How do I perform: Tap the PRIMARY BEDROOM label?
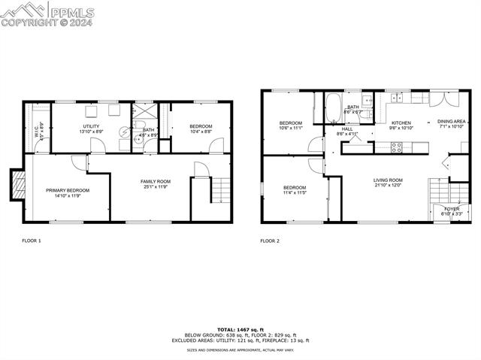[67, 191]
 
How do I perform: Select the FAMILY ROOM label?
[156, 182]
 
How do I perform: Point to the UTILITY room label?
[91, 126]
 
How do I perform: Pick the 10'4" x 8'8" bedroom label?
[201, 126]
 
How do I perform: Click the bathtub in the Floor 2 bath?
[334, 110]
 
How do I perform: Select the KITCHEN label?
[401, 123]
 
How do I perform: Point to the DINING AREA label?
[452, 121]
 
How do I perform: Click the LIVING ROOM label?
[389, 180]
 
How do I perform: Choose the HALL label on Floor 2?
[347, 129]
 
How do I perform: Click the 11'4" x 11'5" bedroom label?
[295, 188]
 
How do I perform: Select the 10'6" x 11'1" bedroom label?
[291, 123]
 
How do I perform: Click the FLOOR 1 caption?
[31, 241]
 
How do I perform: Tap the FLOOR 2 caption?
[270, 241]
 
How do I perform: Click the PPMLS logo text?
[72, 11]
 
